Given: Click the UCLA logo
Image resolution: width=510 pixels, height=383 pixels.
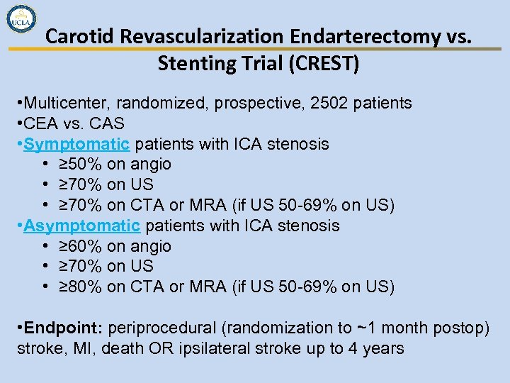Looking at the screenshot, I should point(22,21).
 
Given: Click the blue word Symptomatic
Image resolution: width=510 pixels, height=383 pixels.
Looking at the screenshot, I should point(76,144).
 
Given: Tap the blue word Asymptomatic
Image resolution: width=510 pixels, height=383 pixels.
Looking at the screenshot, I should point(81,226).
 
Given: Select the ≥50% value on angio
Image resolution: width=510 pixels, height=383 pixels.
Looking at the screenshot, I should point(79,165).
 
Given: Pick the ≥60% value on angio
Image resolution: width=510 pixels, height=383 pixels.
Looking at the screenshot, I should point(79,247).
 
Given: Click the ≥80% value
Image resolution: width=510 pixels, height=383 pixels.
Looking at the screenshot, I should point(79,287).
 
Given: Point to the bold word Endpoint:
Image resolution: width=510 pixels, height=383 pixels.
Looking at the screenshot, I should point(64,328).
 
